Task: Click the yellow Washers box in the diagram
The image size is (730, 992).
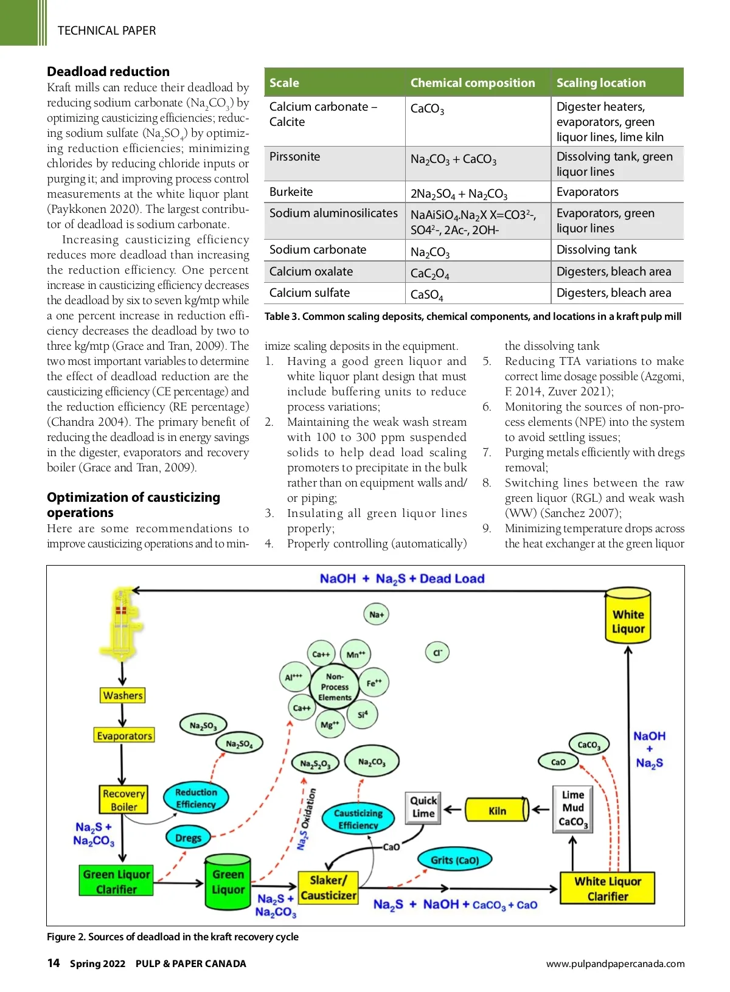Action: point(123,695)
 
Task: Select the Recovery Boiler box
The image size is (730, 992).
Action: point(123,800)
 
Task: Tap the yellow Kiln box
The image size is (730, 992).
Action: point(497,810)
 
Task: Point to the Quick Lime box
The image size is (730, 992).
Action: point(423,807)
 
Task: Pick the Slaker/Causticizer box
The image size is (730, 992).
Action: point(328,887)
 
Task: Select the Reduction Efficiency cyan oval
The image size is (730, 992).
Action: point(196,798)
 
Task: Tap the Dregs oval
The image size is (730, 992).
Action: point(188,838)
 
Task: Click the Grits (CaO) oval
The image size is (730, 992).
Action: point(454,860)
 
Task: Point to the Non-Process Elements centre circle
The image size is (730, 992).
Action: point(335,687)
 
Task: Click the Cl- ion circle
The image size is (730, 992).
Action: point(437,653)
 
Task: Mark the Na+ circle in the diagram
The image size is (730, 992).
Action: point(377,614)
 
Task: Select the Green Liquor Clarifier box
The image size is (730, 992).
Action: point(116,881)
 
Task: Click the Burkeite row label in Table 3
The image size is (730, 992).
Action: point(291,192)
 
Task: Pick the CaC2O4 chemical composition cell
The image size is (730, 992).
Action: point(430,273)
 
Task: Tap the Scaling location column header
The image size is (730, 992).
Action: point(601,83)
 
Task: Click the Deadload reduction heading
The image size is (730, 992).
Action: point(108,71)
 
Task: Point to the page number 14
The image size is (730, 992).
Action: point(54,963)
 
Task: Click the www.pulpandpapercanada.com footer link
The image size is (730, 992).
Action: point(615,963)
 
